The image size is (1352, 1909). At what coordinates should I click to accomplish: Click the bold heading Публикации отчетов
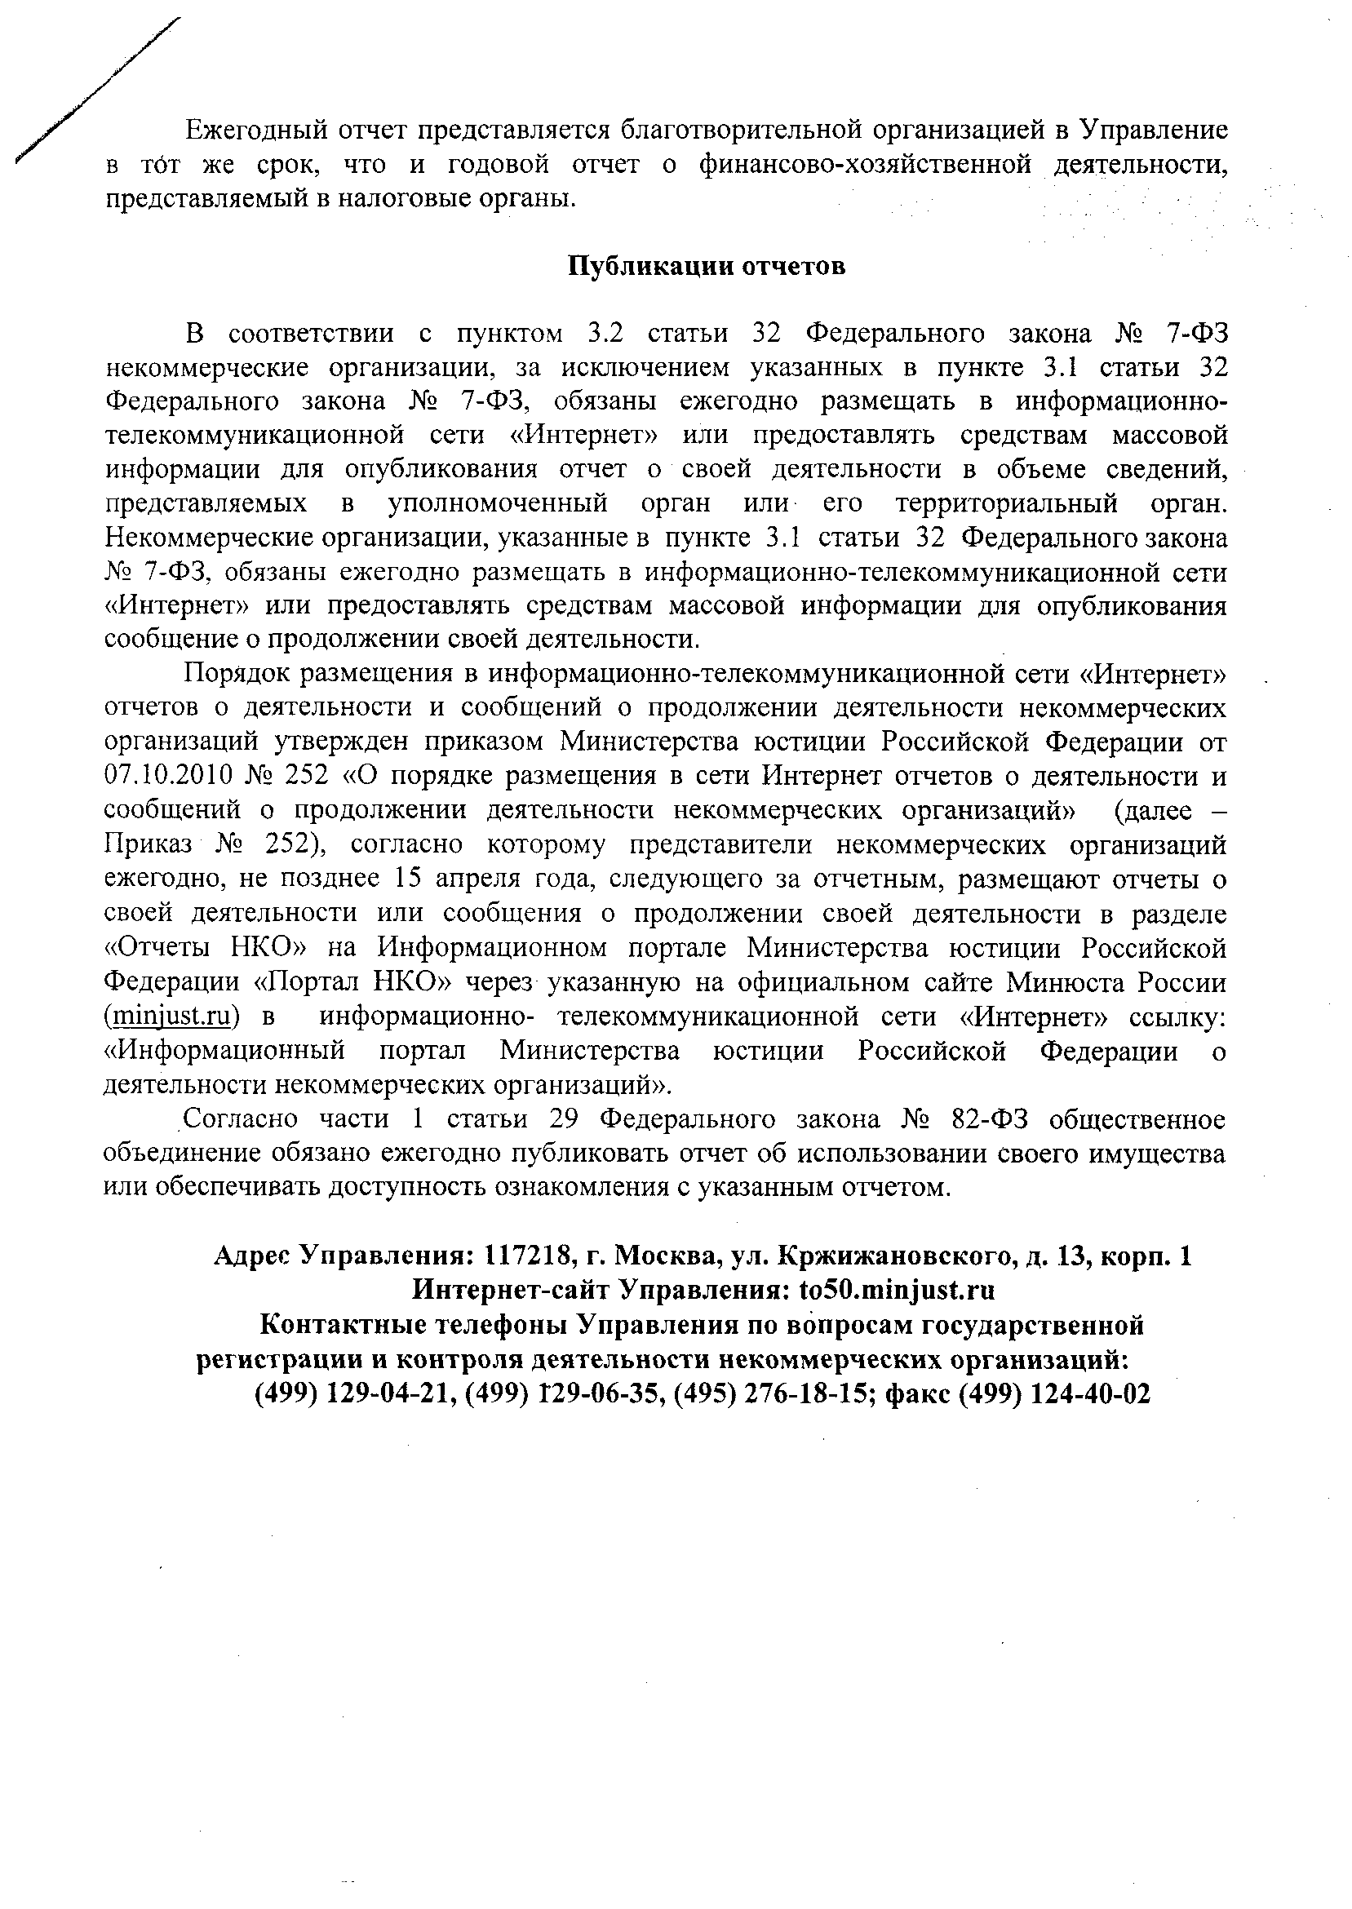click(x=707, y=266)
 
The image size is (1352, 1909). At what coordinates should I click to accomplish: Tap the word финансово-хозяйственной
click(x=865, y=165)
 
